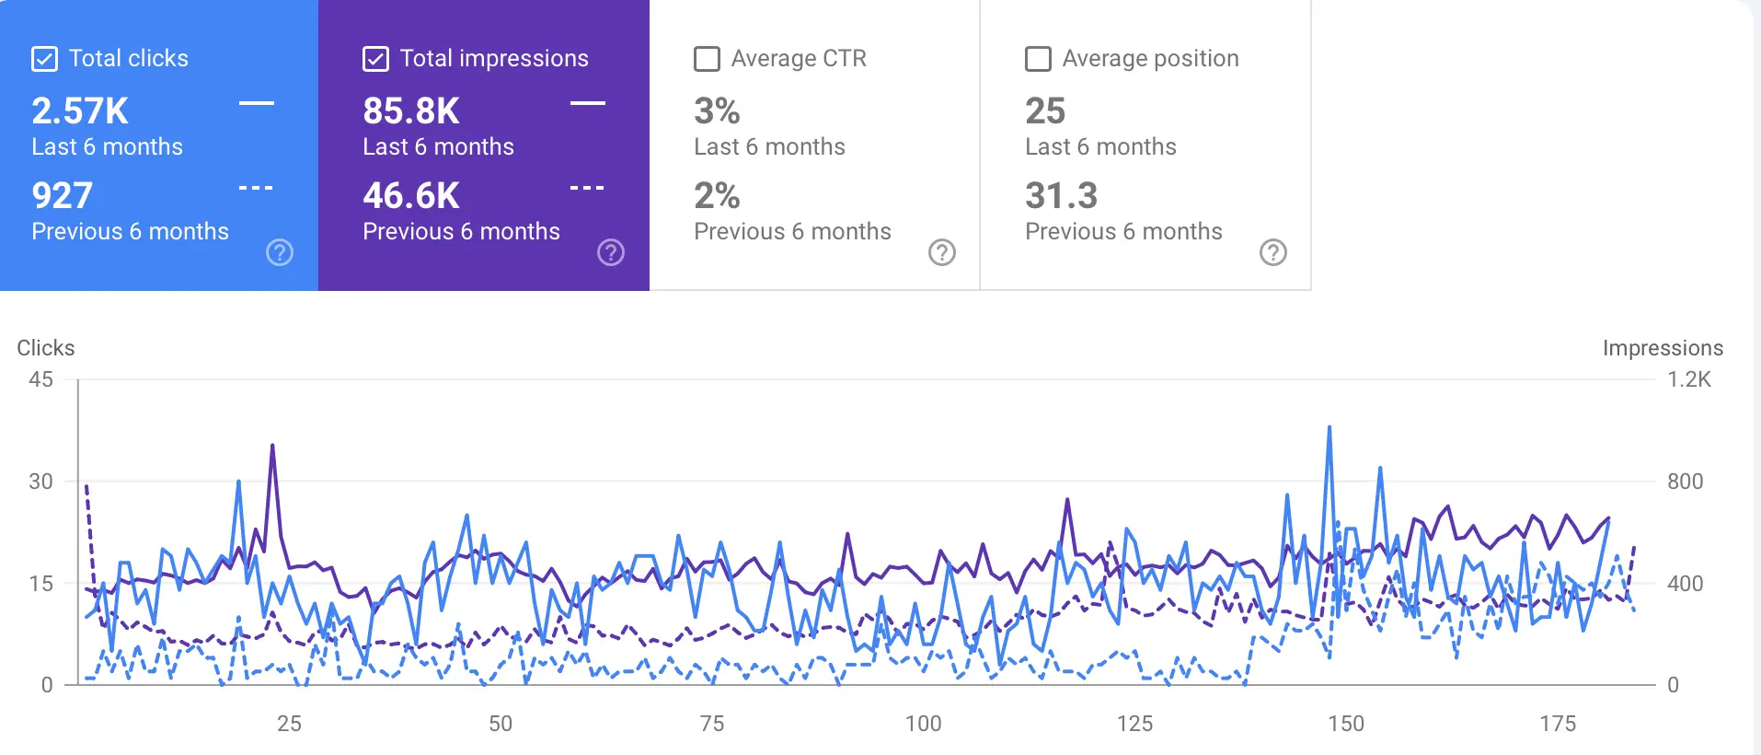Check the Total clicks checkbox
(x=44, y=59)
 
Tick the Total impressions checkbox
(x=375, y=59)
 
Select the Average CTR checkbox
(x=707, y=59)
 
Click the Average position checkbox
(x=1038, y=59)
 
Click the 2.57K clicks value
(x=80, y=111)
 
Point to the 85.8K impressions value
(x=411, y=111)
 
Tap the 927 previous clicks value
(x=63, y=195)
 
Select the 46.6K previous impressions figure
(x=411, y=195)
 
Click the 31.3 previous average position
(x=1062, y=195)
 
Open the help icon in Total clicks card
(x=280, y=252)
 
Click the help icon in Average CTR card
(x=942, y=252)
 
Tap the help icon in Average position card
(x=1273, y=252)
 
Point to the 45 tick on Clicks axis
(x=41, y=379)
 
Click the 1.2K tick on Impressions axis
(x=1689, y=379)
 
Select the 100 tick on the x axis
(x=923, y=724)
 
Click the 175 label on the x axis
(x=1558, y=724)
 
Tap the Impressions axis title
(x=1663, y=348)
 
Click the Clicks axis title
(x=46, y=348)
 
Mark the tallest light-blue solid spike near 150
(x=1329, y=428)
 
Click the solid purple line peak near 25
(x=272, y=446)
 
